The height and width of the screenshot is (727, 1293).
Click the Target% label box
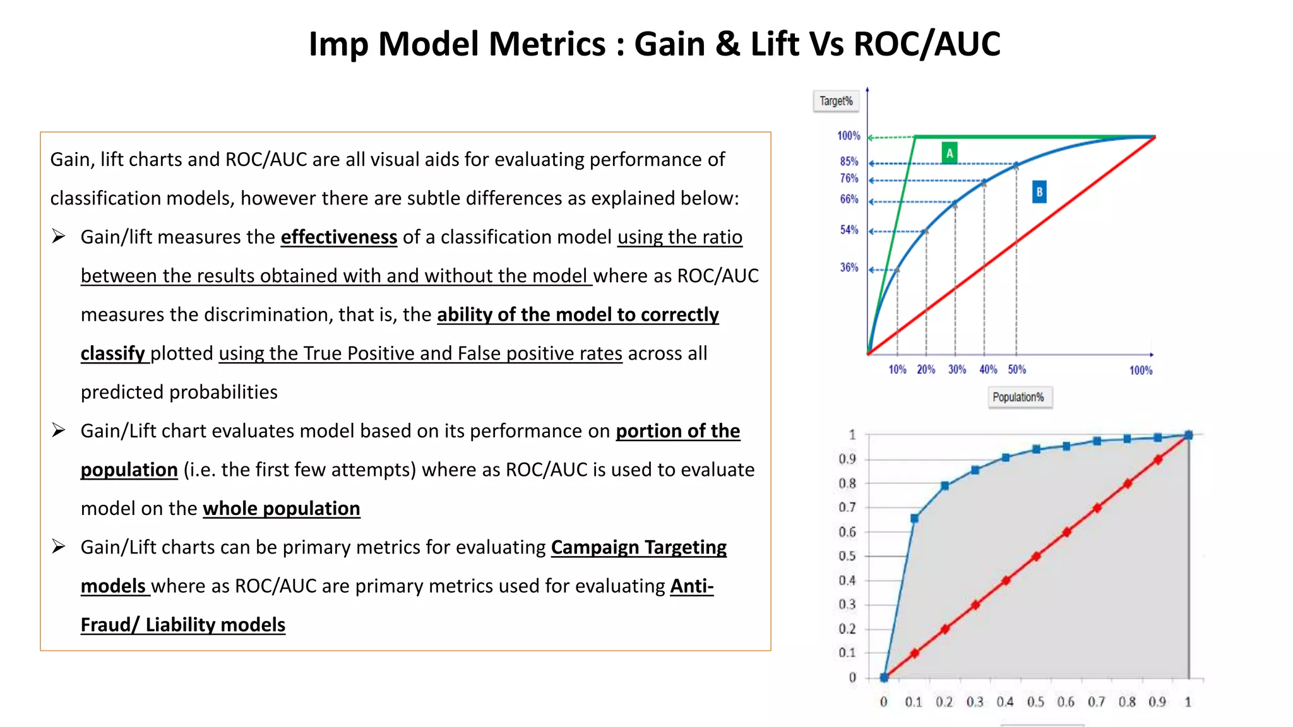(836, 101)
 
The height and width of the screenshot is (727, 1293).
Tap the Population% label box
(1018, 397)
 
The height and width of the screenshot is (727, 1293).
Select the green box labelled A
(949, 153)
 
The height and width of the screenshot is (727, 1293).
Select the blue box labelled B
(1039, 192)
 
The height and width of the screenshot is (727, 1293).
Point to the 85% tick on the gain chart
(849, 162)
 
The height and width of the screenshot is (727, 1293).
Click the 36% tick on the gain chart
(849, 268)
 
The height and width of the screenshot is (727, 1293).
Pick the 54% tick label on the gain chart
(849, 230)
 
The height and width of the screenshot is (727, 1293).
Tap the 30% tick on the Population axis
(956, 370)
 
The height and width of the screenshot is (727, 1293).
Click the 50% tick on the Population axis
(1016, 370)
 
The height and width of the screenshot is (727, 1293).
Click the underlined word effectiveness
(339, 237)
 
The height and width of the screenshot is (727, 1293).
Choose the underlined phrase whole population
(282, 509)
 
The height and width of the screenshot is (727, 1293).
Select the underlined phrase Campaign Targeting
(638, 547)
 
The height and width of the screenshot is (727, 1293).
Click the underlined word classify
(113, 353)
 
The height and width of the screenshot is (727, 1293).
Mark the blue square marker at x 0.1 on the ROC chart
(914, 518)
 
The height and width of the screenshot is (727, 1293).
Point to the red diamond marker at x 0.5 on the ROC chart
(1036, 557)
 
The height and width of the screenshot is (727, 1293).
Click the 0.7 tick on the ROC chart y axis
(847, 507)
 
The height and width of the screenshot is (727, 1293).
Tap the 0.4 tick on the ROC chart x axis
(1005, 702)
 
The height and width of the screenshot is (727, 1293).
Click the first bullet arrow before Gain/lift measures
(59, 237)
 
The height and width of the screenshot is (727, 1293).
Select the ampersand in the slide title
(727, 44)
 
